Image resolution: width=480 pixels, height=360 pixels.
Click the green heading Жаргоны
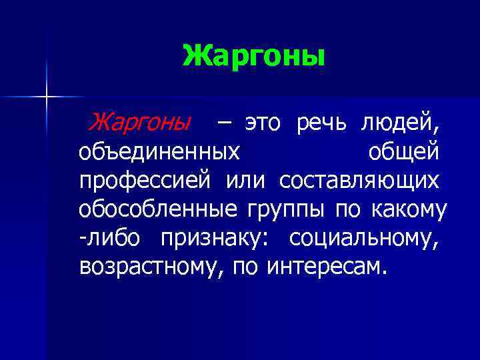coord(254,56)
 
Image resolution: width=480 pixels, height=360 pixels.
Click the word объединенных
coord(159,152)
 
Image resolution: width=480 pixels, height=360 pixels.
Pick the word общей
coord(403,152)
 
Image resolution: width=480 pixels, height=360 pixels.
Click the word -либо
coord(113,238)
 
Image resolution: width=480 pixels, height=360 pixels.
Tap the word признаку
coord(215,238)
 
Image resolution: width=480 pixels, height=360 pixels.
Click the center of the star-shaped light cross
coord(47,98)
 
